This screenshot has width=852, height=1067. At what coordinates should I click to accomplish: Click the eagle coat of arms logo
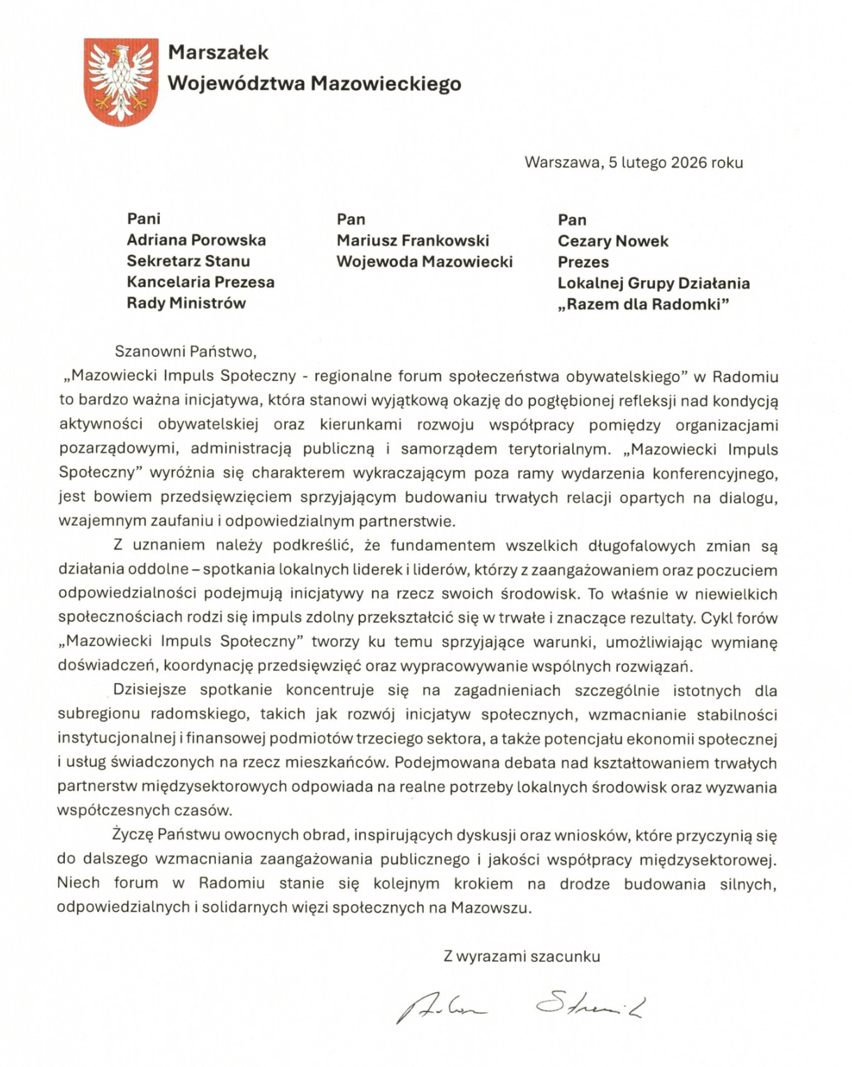click(x=121, y=82)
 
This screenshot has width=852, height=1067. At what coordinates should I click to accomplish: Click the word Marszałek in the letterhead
click(x=218, y=52)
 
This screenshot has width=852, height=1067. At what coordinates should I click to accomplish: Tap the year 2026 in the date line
click(x=689, y=163)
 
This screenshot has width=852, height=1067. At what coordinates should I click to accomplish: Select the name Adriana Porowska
click(x=196, y=240)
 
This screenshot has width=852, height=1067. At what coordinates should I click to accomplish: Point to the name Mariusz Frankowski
click(x=413, y=241)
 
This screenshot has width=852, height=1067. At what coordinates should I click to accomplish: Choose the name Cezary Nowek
click(x=612, y=242)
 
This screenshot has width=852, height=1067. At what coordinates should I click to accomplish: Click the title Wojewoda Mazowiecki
click(x=424, y=262)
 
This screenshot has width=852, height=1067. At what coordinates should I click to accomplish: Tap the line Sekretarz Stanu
click(x=188, y=261)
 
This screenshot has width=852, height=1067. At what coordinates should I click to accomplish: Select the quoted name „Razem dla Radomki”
click(x=643, y=304)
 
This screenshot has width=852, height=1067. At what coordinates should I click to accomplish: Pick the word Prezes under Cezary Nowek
click(x=583, y=263)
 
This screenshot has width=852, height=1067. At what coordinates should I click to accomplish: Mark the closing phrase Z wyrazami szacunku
click(x=522, y=957)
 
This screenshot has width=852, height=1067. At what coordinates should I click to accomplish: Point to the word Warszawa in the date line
click(x=561, y=163)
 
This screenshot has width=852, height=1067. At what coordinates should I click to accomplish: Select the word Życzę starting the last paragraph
click(x=132, y=835)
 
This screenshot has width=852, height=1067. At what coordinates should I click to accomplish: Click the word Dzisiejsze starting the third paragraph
click(x=149, y=691)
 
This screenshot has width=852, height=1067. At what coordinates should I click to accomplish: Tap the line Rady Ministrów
click(x=186, y=303)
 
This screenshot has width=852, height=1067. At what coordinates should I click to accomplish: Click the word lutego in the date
click(x=644, y=163)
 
